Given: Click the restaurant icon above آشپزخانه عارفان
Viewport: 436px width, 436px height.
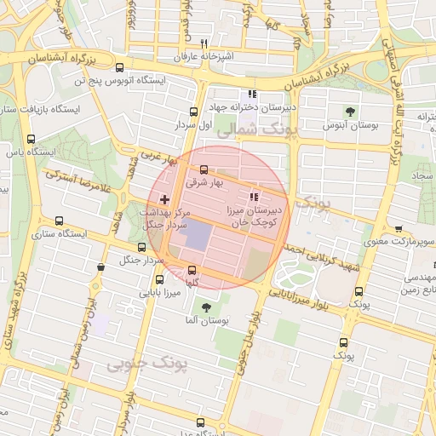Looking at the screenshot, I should click(203, 43).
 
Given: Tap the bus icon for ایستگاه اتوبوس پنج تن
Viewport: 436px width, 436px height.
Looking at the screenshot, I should click(118, 67).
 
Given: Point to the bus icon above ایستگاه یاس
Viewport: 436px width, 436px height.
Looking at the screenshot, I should click(32, 139).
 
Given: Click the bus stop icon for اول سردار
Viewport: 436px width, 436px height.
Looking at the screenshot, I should click(193, 111).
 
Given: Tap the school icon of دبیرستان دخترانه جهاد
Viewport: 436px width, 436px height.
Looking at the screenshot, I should click(251, 95).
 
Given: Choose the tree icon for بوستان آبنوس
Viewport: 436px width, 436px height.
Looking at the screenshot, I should click(350, 112).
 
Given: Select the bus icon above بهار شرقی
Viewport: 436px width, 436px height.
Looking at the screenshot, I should click(203, 169).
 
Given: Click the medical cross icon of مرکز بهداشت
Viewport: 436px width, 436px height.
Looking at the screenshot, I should click(165, 198).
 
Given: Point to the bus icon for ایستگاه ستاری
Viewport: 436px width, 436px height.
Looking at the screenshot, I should click(58, 220).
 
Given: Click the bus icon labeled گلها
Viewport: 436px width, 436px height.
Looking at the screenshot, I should click(191, 271).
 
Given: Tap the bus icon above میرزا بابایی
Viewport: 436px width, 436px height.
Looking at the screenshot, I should click(159, 279).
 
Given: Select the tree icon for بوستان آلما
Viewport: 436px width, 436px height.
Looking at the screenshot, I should click(205, 307).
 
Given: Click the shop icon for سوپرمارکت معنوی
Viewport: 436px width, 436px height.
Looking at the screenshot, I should click(399, 230).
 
